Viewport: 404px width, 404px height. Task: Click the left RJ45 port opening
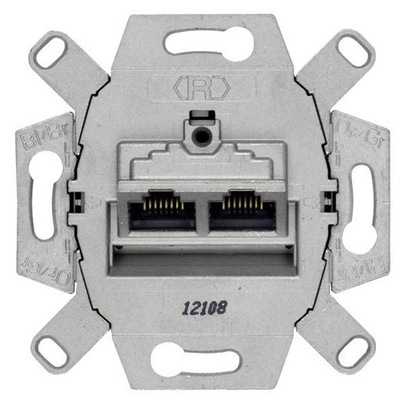tap(162, 213)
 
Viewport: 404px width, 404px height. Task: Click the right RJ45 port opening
tap(242, 213)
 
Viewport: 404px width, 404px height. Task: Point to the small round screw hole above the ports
tap(202, 136)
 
